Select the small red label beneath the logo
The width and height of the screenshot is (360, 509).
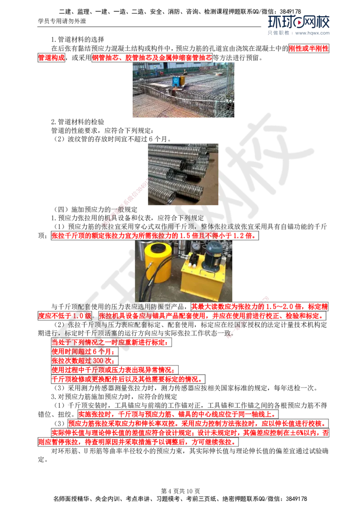pyautogui.click(x=309, y=49)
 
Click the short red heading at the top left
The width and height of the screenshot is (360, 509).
pyautogui.click(x=51, y=57)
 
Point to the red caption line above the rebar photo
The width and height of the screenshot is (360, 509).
pyautogui.click(x=152, y=57)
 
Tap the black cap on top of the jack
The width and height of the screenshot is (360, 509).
pyautogui.click(x=153, y=247)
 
